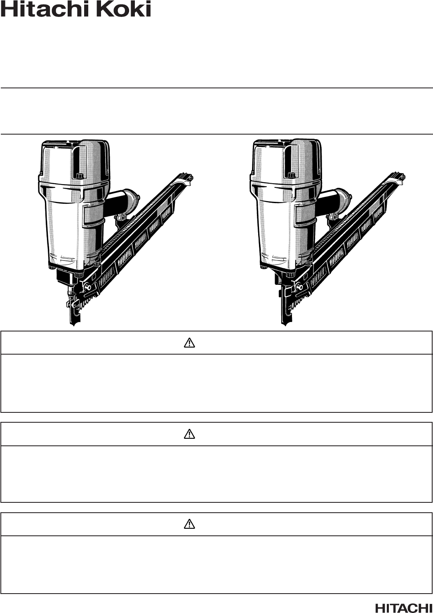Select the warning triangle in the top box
tap(189, 343)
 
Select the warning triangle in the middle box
tap(189, 434)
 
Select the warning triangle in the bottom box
tap(189, 524)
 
